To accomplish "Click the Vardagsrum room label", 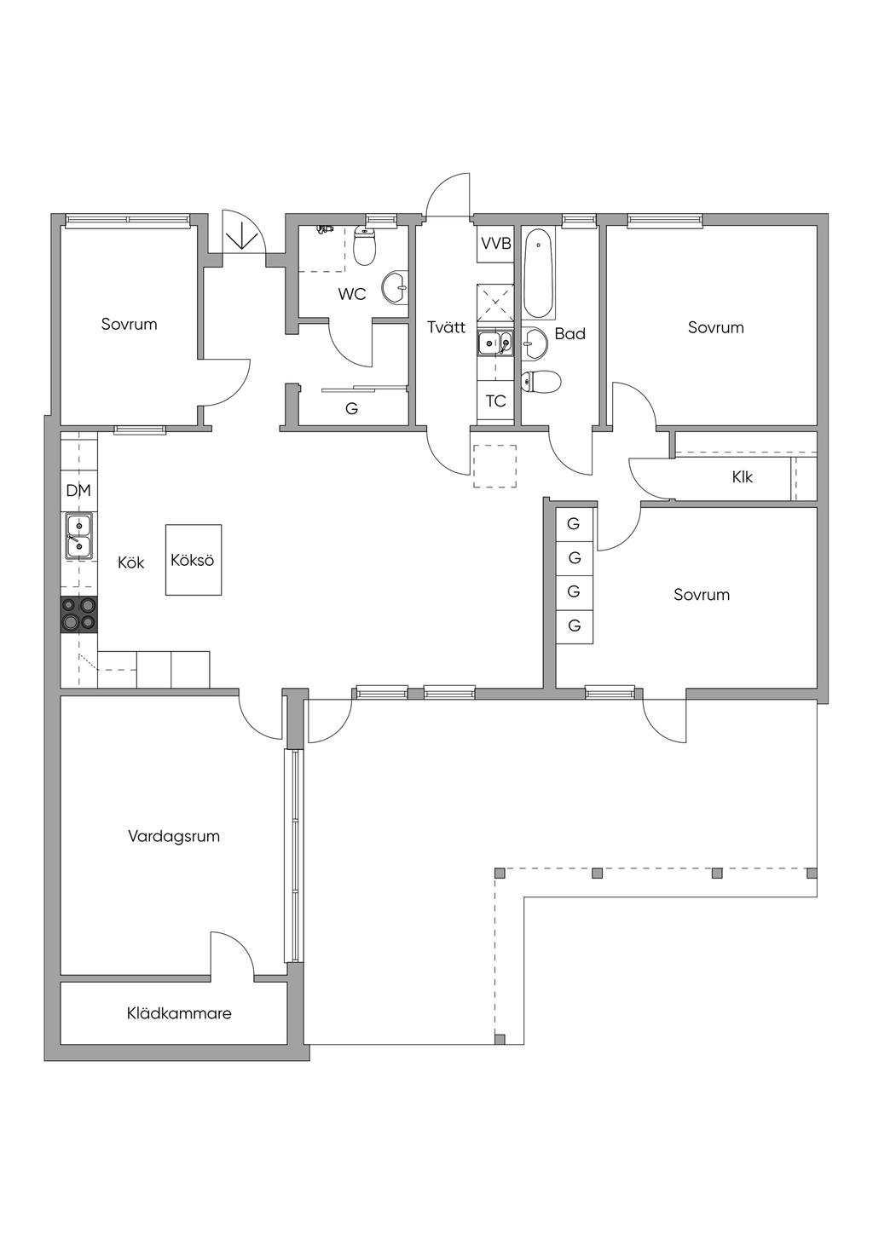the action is (174, 836).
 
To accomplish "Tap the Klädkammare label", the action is (179, 1013).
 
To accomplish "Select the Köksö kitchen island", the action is (194, 560).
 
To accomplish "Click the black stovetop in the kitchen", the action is (79, 614).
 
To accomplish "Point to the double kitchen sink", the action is (79, 536).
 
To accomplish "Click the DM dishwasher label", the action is (78, 490).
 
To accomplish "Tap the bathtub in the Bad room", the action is (537, 274).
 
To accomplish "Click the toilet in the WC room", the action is (364, 246).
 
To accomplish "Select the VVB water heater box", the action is (495, 244).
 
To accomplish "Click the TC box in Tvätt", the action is (495, 401).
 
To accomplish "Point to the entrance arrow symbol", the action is (242, 238).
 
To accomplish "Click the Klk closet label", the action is (743, 477).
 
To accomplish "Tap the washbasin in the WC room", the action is (396, 286).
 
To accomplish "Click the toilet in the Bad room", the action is (541, 381).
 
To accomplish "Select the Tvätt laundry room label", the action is (446, 327).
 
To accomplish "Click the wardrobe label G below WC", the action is (351, 408).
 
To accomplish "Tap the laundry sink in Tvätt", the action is (495, 343).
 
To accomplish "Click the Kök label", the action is (131, 562).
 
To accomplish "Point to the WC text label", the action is (352, 294).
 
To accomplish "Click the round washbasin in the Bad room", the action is (534, 343).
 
